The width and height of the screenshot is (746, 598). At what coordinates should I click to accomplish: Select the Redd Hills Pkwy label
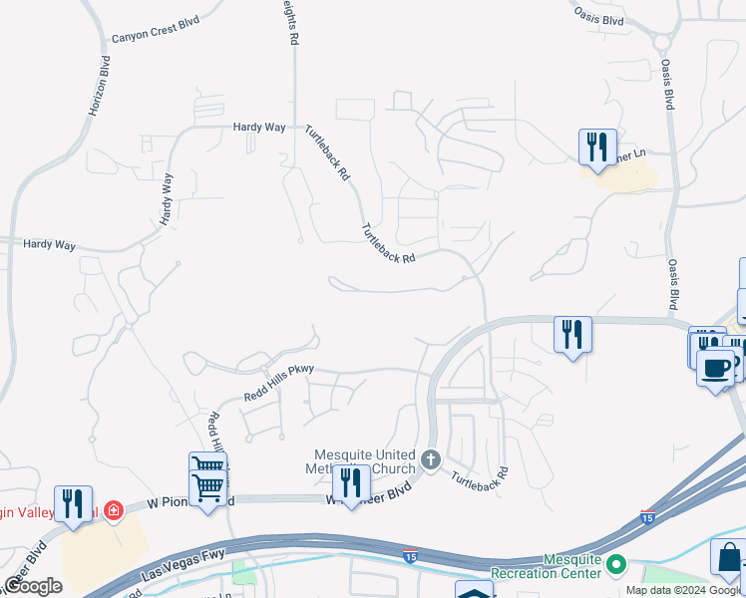[x=278, y=383]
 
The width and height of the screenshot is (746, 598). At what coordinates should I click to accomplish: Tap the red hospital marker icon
[x=114, y=510]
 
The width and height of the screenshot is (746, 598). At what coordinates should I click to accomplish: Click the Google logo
[x=33, y=585]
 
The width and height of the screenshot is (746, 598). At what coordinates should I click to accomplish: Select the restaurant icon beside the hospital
[x=73, y=502]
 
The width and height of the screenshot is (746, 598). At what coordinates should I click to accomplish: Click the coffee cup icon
[x=715, y=368]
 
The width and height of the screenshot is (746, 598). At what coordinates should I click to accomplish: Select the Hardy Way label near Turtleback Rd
[x=259, y=128]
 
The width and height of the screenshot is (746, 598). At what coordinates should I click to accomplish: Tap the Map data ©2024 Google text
[x=684, y=590]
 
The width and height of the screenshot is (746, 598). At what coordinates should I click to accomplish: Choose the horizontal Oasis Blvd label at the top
[x=599, y=16]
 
